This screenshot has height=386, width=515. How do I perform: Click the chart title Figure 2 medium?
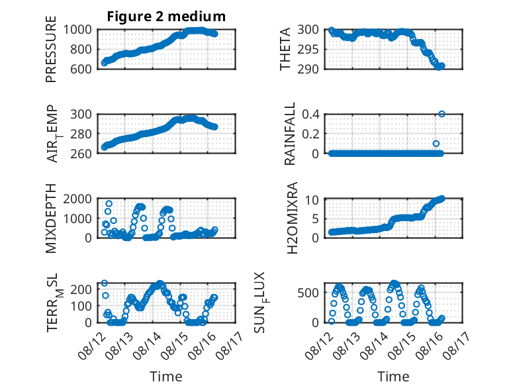pos(166,17)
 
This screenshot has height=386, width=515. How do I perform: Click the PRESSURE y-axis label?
pos(51,49)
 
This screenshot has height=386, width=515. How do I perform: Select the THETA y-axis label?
pos(285,49)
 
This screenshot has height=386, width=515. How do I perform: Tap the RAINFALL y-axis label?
pos(290,134)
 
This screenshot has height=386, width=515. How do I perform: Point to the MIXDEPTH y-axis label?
pos(51,218)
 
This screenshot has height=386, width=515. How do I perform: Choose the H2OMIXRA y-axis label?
pos(292,218)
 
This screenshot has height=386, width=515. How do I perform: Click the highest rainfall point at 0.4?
pos(442,114)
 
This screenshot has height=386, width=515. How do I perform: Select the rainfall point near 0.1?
pos(436,144)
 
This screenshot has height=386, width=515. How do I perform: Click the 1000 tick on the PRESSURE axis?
pos(77,30)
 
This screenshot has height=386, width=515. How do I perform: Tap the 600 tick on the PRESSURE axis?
pos(81,70)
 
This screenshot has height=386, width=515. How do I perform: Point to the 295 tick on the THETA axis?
pos(308,50)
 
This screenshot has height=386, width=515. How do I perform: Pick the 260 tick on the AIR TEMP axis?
pos(81,154)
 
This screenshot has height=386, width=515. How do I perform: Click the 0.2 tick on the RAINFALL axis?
pos(310,134)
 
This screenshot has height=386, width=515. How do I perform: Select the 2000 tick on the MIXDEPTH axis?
pos(77,199)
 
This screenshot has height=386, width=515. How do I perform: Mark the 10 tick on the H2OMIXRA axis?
pos(312,200)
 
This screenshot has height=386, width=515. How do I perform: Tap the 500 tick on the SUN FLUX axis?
pos(308,293)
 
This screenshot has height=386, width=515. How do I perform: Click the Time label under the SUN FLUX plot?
pos(393,376)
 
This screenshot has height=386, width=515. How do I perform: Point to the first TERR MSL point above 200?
pos(105,283)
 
